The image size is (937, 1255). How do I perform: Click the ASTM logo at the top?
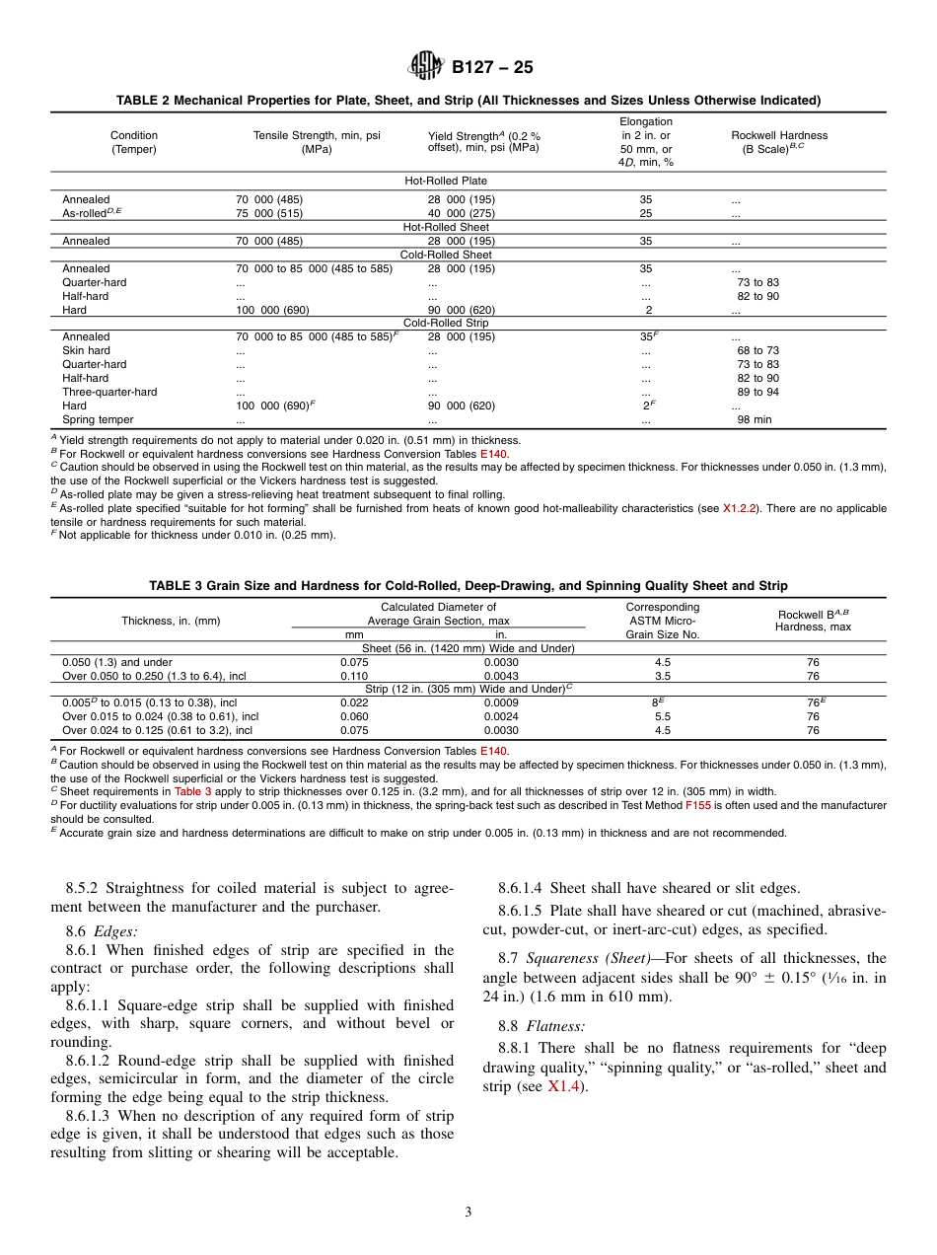click(426, 67)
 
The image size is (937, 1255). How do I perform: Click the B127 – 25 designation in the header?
click(492, 68)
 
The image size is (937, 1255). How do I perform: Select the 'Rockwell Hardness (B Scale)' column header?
click(778, 142)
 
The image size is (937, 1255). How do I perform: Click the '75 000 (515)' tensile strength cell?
click(269, 213)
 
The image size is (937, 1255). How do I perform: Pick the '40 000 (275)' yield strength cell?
click(461, 213)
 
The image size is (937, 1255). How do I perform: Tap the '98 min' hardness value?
click(755, 419)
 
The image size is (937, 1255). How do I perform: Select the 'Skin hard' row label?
click(86, 350)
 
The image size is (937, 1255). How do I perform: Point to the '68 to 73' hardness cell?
click(757, 350)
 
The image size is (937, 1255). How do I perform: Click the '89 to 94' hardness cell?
click(757, 392)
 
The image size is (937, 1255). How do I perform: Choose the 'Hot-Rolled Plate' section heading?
click(446, 182)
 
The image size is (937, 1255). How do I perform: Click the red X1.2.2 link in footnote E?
click(740, 508)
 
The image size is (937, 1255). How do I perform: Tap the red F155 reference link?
click(698, 805)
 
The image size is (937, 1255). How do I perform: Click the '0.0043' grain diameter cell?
click(500, 676)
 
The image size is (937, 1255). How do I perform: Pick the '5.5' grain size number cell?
click(663, 717)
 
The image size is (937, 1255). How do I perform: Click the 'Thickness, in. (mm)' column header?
click(171, 621)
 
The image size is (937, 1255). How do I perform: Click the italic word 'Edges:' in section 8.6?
click(115, 930)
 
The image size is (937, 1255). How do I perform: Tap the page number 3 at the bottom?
click(468, 1213)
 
